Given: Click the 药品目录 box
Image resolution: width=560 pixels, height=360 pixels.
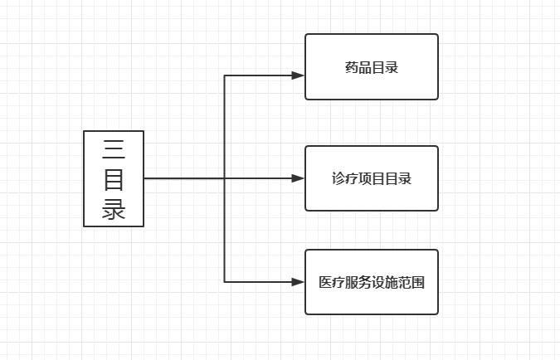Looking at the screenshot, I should [371, 66].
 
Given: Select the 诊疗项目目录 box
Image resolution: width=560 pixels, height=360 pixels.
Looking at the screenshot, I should [371, 178].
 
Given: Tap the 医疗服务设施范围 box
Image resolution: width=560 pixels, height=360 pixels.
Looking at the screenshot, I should [371, 282].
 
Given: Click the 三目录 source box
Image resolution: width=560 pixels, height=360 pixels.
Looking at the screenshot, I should [114, 178].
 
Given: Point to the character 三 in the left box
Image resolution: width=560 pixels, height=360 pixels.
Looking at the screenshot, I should [114, 149].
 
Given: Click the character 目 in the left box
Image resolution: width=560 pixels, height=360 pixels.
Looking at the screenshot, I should [114, 178].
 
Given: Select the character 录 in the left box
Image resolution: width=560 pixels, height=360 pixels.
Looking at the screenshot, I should [114, 207].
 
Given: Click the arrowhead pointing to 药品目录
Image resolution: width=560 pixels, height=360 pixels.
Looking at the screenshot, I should [299, 75].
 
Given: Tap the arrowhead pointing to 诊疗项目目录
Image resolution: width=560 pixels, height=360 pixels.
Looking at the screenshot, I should [299, 178].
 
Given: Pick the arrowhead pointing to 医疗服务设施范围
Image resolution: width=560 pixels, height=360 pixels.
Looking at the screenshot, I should [299, 282].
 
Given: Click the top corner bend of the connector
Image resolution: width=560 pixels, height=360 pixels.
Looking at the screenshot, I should [225, 75].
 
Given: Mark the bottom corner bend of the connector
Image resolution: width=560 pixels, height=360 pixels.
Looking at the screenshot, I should [225, 282].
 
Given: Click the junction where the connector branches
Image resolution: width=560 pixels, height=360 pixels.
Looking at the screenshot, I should [225, 178].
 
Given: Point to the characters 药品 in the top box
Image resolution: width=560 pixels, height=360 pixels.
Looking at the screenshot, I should [358, 67].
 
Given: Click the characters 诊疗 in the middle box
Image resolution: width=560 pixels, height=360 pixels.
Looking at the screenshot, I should [344, 179].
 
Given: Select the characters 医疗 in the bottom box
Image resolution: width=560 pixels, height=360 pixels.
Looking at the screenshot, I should [332, 282].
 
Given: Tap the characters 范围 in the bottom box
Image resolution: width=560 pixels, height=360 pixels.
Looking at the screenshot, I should [411, 282].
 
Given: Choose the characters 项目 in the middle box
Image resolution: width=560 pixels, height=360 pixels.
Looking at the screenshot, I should [371, 179].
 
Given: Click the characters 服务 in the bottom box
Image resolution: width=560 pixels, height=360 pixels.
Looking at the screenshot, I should [358, 282].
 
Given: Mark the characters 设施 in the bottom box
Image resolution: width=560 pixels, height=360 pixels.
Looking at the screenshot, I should [385, 282].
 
